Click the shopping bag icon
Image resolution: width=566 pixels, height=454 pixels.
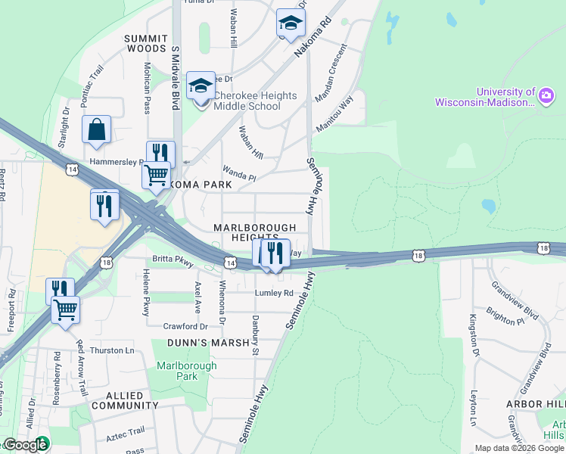coord(97,130)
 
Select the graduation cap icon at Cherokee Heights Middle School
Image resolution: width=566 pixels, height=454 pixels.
coord(201,87)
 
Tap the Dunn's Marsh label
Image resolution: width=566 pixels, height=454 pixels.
coord(209,343)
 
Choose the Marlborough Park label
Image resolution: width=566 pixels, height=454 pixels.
coord(186,371)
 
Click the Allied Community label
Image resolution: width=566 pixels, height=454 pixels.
coord(126,401)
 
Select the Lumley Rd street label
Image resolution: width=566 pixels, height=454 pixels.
coord(274,293)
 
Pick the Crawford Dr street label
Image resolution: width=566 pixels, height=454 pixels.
coord(185,326)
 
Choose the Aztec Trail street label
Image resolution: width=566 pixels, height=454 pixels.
coord(126,431)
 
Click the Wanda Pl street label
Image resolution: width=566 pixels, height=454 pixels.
coord(239,175)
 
